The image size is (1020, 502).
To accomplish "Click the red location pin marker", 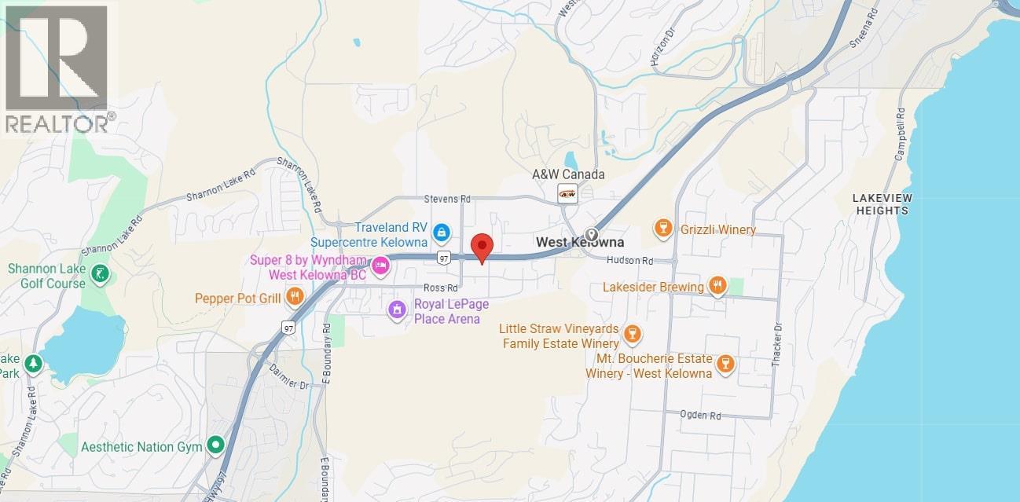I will click(481, 247).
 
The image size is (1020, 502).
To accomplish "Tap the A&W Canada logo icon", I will click(567, 192).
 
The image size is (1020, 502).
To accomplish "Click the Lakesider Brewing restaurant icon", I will click(717, 286).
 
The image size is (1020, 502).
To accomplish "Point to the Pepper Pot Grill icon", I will click(295, 297).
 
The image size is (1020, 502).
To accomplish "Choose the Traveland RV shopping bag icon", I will click(442, 232).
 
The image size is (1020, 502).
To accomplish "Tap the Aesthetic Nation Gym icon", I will click(215, 446).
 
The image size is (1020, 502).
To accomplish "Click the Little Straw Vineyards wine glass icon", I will click(632, 336).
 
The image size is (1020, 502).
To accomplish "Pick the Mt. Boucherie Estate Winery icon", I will click(725, 364).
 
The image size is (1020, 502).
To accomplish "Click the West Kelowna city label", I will click(579, 242).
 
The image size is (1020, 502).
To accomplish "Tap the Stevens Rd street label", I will click(446, 200).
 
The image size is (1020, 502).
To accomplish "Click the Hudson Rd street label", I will click(629, 260).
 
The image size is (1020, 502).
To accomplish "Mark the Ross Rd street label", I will click(440, 288).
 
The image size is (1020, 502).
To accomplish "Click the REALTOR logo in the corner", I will click(58, 69).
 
